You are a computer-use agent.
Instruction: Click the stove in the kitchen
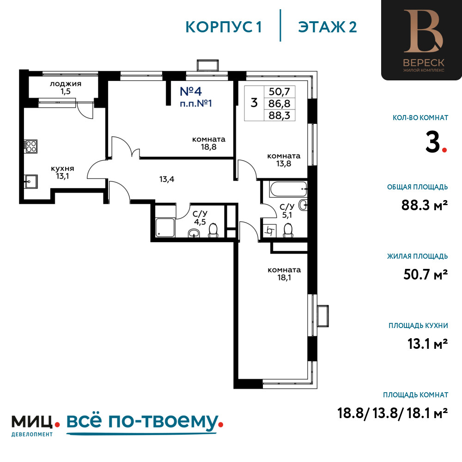pos(30,146)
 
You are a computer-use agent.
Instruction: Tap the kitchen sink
pos(30,181)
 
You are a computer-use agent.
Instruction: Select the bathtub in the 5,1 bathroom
pos(288,189)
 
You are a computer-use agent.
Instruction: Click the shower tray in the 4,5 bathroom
pos(165,227)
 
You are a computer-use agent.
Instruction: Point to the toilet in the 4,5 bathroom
pos(213,231)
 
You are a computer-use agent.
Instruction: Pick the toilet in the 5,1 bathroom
pos(288,231)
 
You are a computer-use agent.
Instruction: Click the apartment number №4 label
pos(191,91)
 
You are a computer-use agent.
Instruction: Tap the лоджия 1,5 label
pos(66,87)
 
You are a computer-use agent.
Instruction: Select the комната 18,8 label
pos(209,143)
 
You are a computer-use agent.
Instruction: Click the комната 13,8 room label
pos(284,160)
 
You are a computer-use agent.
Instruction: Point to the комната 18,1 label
pos(284,274)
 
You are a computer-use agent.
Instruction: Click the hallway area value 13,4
pos(167,179)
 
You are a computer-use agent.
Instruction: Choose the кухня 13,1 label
pos(62,172)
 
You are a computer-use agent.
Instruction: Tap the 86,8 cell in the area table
pos(280,103)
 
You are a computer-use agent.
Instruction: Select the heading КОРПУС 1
pos(224,27)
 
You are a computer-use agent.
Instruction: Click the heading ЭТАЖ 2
pos(328,27)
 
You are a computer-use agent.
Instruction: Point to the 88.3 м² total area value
pos(425,205)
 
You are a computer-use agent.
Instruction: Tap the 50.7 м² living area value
pos(426,274)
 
